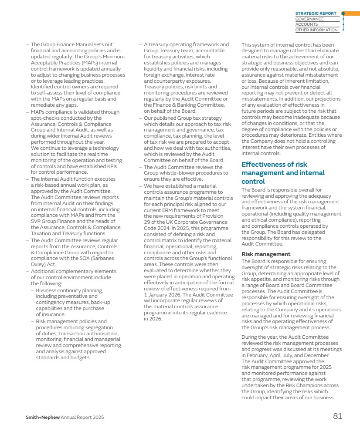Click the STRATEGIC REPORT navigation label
click(x=316, y=13)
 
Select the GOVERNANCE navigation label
click(x=309, y=19)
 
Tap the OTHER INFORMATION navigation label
click(x=316, y=30)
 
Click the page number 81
click(x=337, y=416)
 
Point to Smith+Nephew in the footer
click(x=42, y=418)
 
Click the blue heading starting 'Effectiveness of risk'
click(x=274, y=165)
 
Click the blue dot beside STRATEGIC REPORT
click(x=343, y=13)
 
